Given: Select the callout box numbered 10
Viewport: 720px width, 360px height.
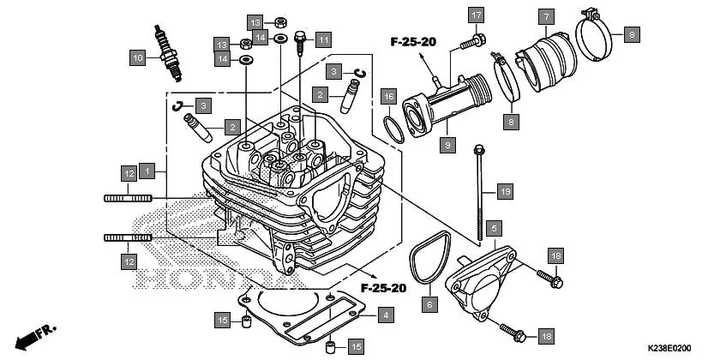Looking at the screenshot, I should pyautogui.click(x=137, y=58).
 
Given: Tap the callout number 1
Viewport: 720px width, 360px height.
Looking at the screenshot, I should pyautogui.click(x=147, y=171).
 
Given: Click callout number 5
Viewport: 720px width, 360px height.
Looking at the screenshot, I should pyautogui.click(x=493, y=228).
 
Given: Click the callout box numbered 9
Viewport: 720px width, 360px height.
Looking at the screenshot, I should pyautogui.click(x=447, y=147).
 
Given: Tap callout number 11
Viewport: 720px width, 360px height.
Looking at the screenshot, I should pyautogui.click(x=321, y=39).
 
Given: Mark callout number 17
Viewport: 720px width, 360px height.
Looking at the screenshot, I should pyautogui.click(x=477, y=15).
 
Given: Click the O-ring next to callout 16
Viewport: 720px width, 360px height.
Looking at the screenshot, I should pyautogui.click(x=392, y=129).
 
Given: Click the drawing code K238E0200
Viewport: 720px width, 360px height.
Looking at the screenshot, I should pyautogui.click(x=668, y=348).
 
